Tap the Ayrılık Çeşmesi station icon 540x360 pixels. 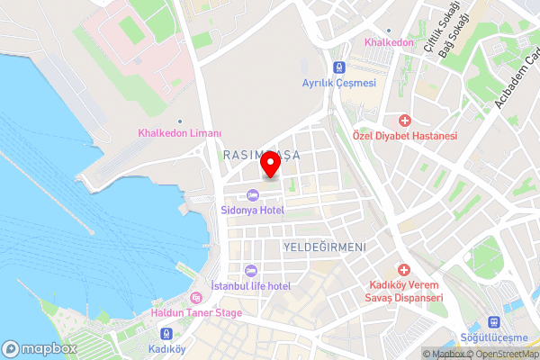pyautogui.click(x=339, y=67)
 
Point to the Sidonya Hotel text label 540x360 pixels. pyautogui.click(x=252, y=210)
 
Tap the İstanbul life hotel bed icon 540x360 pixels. pyautogui.click(x=250, y=271)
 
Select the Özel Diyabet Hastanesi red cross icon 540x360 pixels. pyautogui.click(x=405, y=120)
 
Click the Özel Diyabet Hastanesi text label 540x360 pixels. pyautogui.click(x=405, y=135)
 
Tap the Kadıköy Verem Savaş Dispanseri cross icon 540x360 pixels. pyautogui.click(x=405, y=270)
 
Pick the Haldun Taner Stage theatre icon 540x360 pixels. pyautogui.click(x=196, y=299)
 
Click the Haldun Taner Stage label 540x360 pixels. pyautogui.click(x=196, y=313)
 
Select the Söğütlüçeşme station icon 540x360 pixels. pyautogui.click(x=493, y=321)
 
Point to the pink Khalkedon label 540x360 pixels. pyautogui.click(x=388, y=42)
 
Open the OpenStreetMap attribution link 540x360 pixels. pyautogui.click(x=501, y=354)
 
